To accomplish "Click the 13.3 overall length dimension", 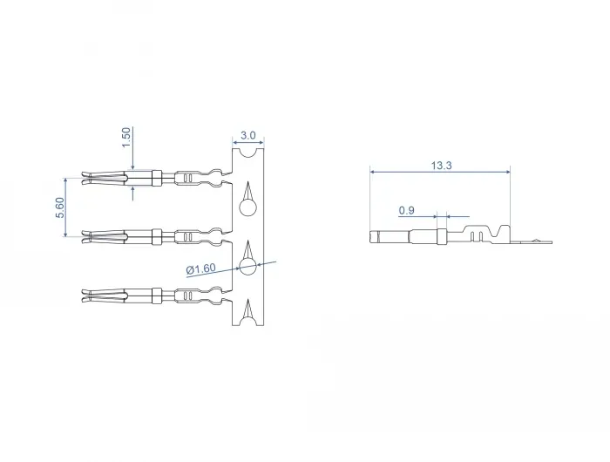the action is tap(441, 166).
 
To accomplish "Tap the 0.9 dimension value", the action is tap(406, 211).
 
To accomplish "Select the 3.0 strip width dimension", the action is tap(247, 135).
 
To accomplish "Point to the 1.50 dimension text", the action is tap(126, 138).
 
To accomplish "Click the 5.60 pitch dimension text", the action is tap(60, 207).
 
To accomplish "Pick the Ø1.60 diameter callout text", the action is tap(200, 269).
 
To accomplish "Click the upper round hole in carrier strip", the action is tap(247, 207).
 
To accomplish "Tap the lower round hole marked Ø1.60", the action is tap(247, 267).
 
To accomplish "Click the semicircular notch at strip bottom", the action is tap(247, 321).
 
